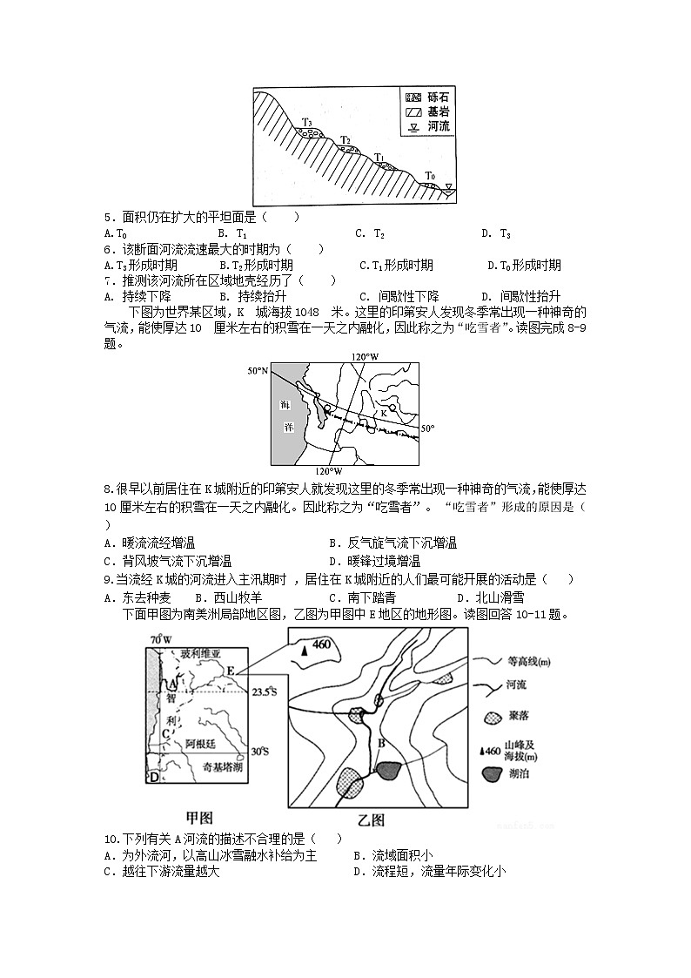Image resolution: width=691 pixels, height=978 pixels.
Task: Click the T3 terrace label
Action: click(307, 122)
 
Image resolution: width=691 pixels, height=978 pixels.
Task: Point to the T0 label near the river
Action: click(429, 176)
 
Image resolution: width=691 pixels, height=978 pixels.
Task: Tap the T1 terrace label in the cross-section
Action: click(379, 157)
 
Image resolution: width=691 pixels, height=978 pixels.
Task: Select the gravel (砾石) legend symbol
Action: click(413, 97)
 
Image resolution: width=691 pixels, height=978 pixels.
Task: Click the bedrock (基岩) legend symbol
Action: click(413, 111)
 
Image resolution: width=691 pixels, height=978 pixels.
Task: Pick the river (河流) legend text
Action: click(439, 126)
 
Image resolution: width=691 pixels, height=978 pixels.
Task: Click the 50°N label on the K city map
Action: click(258, 372)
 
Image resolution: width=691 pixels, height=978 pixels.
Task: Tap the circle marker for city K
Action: click(392, 408)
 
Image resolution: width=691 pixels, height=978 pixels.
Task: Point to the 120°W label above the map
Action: click(365, 357)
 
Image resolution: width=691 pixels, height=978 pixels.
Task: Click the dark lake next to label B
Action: click(388, 770)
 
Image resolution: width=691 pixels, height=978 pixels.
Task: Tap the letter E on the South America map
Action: click(230, 671)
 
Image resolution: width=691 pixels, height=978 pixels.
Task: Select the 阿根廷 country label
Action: click(203, 745)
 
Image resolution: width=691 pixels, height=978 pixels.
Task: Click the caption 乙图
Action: click(372, 819)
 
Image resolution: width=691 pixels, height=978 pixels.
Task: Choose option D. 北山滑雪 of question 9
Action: click(490, 597)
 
